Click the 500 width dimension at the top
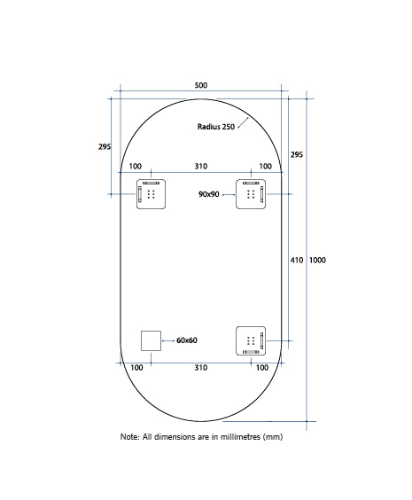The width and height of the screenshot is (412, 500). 200,85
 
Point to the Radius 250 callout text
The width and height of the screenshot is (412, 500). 216,127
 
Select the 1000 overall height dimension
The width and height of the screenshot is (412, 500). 319,260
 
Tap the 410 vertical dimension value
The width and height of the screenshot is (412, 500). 297,260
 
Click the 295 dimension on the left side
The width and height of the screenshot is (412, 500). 105,147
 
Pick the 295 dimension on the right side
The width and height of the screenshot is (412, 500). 297,154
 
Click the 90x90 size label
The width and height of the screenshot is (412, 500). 209,193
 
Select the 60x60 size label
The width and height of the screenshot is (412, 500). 186,340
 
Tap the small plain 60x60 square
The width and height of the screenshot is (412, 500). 151,340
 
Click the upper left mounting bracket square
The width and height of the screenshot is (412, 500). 151,193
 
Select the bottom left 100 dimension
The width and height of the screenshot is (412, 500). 136,367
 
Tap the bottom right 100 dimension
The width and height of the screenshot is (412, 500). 265,367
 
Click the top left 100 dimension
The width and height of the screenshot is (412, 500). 135,166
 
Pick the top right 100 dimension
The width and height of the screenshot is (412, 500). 265,166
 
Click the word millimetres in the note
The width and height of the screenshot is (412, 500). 236,438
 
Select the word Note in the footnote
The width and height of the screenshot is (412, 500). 129,438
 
